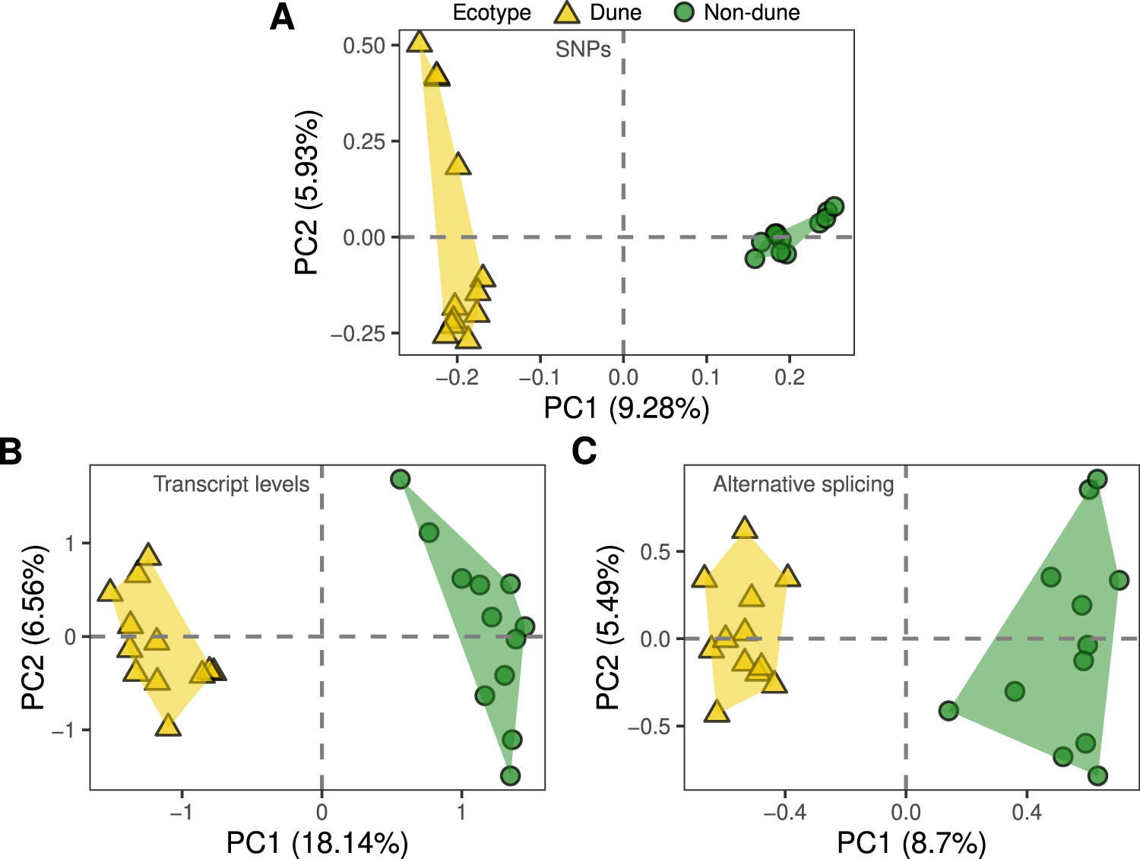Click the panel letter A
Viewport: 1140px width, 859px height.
(x=282, y=17)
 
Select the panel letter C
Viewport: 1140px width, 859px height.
(x=584, y=451)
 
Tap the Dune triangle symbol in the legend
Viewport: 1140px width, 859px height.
(x=566, y=13)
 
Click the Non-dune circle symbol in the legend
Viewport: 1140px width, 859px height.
(x=684, y=12)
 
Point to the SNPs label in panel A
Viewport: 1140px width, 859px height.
(x=583, y=49)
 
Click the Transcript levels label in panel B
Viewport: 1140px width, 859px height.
(x=231, y=484)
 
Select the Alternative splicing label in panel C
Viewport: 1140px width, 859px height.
(x=803, y=484)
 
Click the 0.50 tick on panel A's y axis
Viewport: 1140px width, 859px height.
(x=364, y=46)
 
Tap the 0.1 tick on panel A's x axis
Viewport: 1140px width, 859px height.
(x=706, y=377)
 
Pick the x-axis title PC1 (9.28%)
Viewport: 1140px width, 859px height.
(x=626, y=408)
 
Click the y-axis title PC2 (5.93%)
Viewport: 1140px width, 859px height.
(x=307, y=193)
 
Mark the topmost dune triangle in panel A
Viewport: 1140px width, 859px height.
(x=419, y=42)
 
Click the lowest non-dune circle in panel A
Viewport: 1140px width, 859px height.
(x=754, y=258)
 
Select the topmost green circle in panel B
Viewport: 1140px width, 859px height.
(x=401, y=479)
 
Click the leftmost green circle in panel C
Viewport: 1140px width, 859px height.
(x=948, y=711)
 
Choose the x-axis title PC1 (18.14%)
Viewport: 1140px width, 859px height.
(x=317, y=843)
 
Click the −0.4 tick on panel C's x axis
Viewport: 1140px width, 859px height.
(x=784, y=812)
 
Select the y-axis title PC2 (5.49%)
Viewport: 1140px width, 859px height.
(x=607, y=627)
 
